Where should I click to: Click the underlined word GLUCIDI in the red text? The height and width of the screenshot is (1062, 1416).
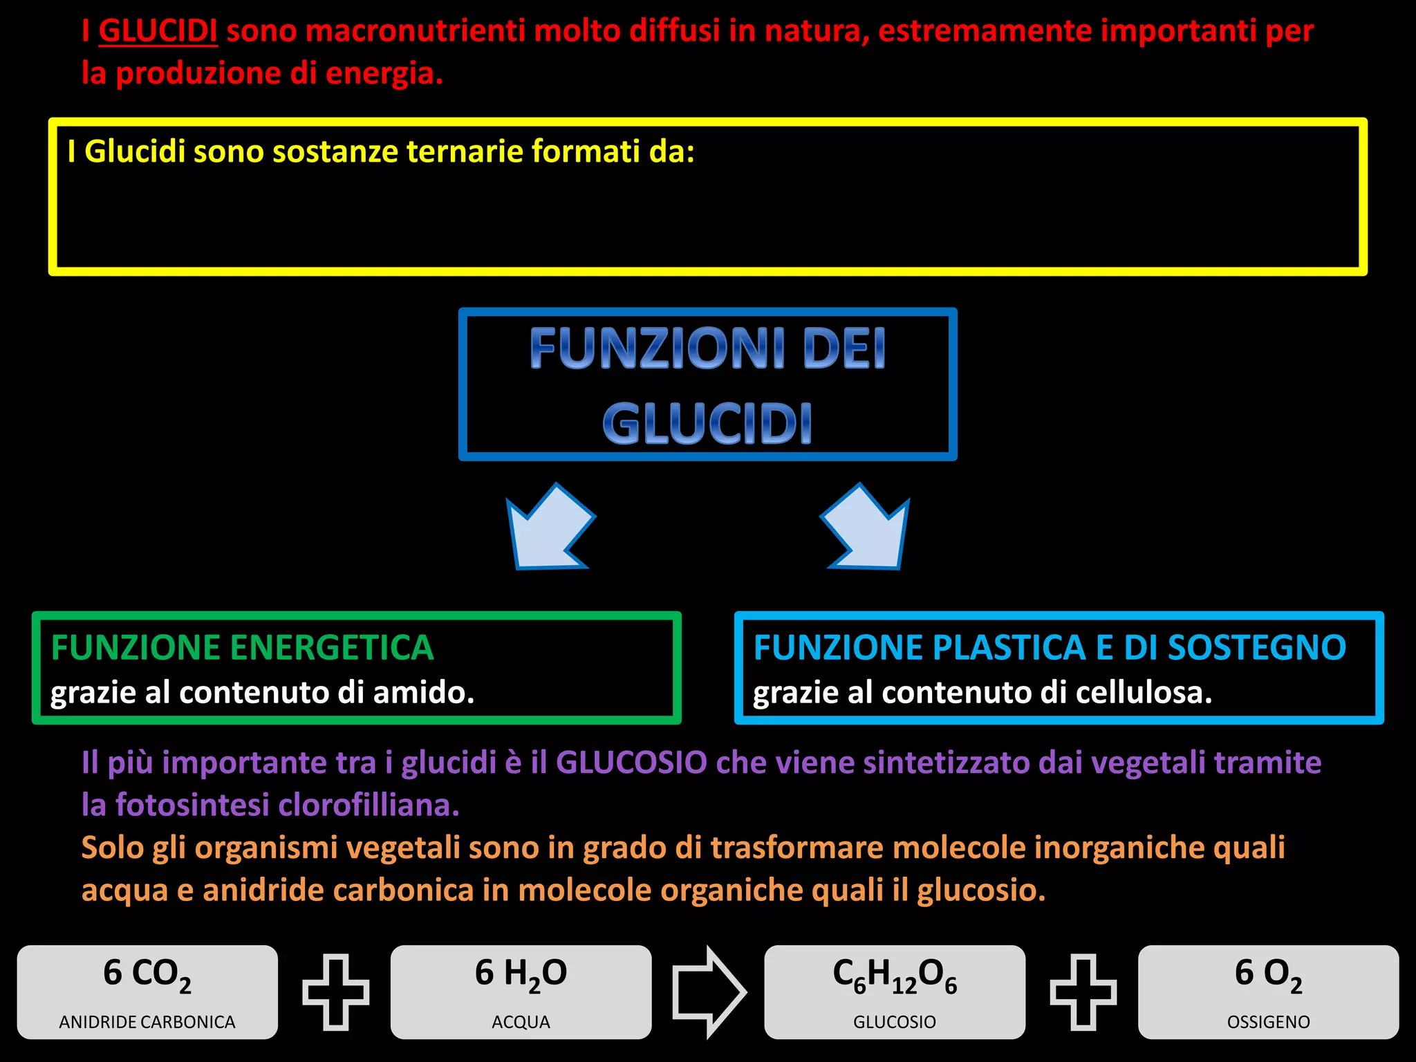(x=158, y=31)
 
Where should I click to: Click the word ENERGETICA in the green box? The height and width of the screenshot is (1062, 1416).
(x=331, y=648)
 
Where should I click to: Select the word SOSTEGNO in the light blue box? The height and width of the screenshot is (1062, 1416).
(x=1256, y=648)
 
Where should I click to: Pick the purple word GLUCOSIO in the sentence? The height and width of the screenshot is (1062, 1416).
(x=631, y=763)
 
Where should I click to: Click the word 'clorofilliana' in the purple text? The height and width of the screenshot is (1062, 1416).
(x=369, y=805)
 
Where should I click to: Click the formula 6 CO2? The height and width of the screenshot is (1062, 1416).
(x=147, y=974)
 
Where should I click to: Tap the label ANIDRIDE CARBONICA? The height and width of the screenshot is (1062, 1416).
(x=147, y=1022)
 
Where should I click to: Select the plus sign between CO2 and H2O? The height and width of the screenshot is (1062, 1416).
(x=335, y=991)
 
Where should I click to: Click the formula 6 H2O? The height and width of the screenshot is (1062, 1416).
(x=521, y=974)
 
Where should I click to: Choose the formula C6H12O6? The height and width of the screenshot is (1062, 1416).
(x=895, y=975)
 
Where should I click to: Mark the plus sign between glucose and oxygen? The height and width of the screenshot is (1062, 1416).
(x=1083, y=991)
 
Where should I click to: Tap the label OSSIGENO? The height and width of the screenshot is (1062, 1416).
(x=1268, y=1022)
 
